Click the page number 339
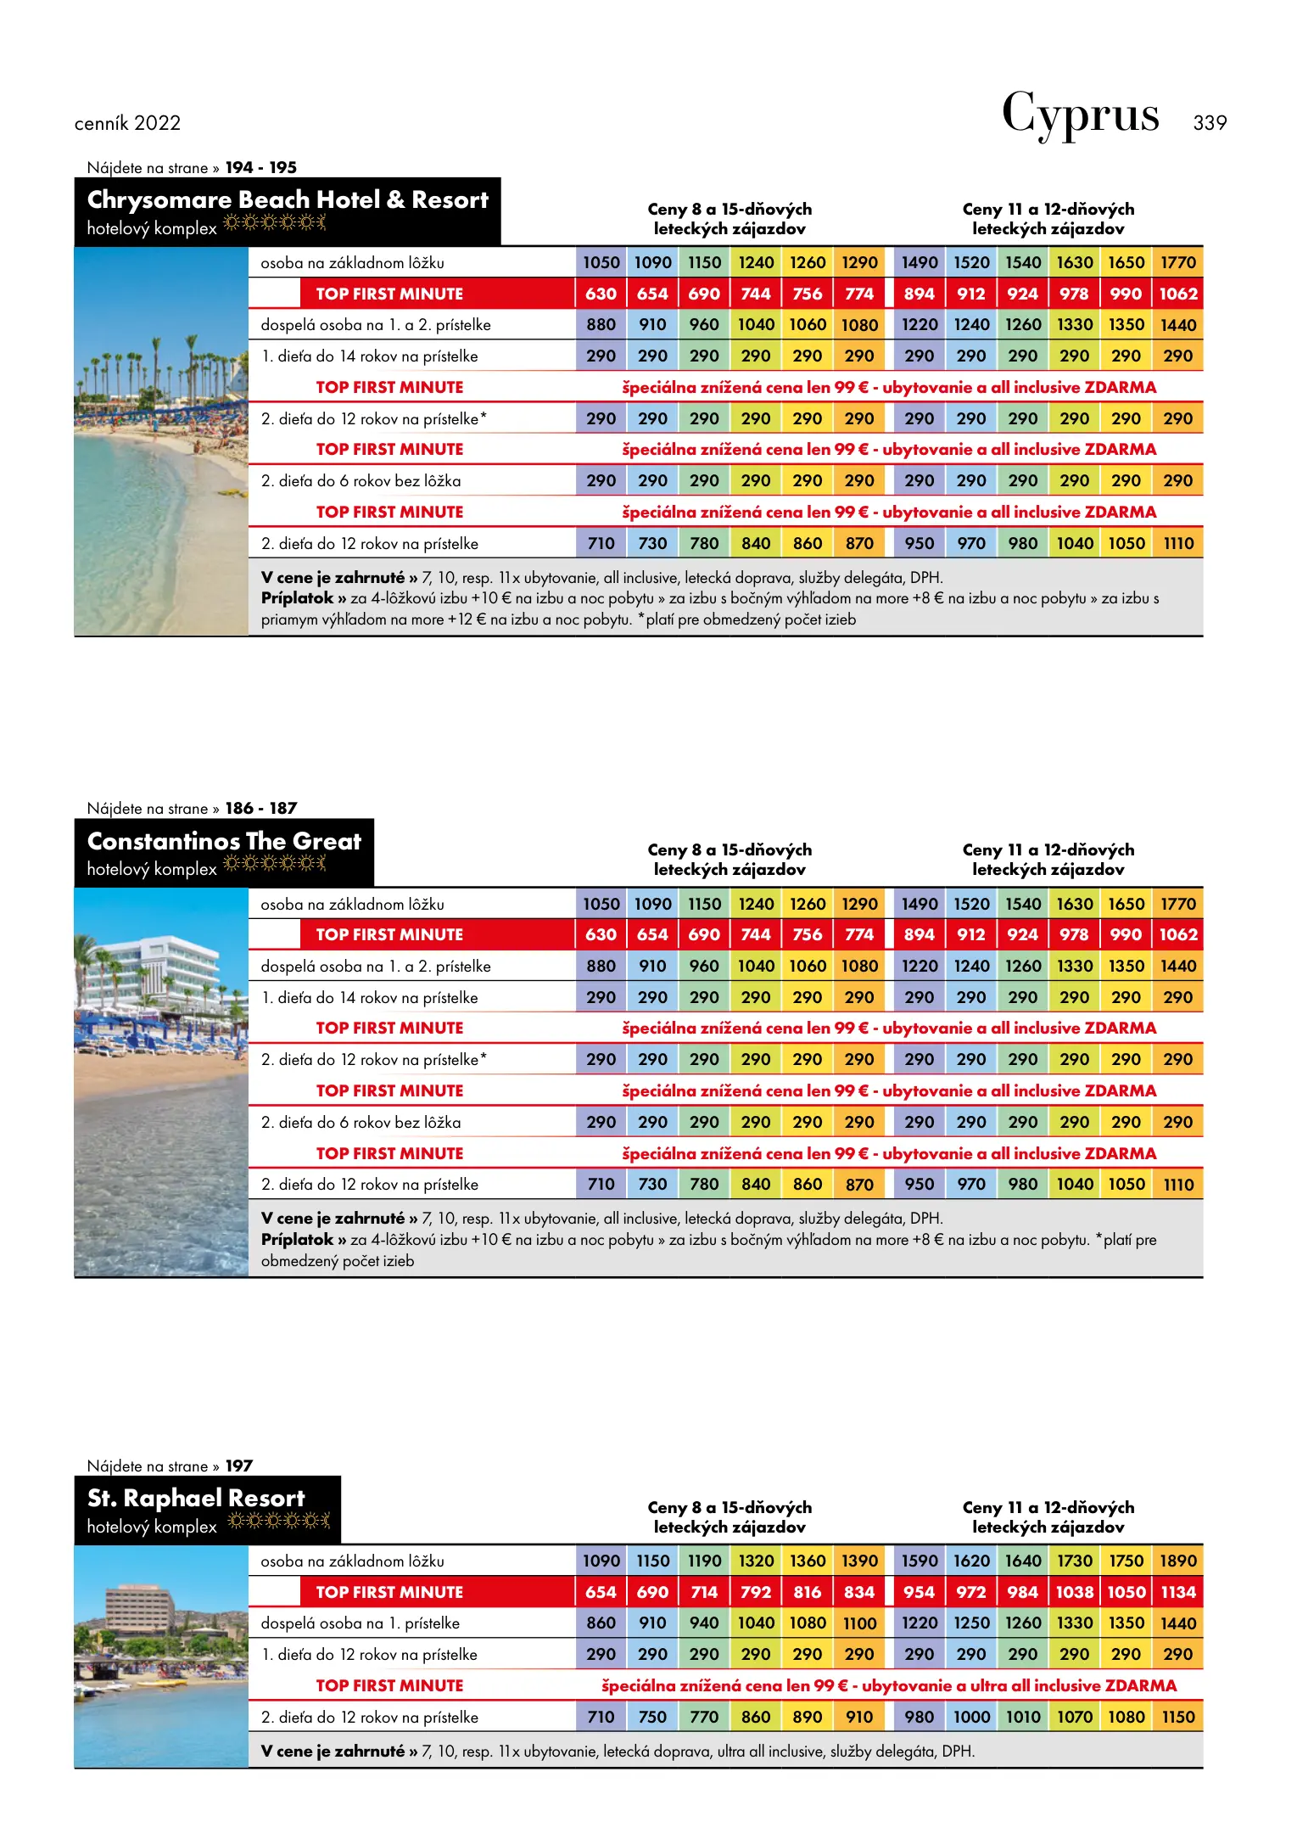coord(1209,123)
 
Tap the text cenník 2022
coord(127,123)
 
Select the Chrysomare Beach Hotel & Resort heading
coord(288,200)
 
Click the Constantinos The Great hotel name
coord(224,841)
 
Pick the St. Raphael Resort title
coord(196,1498)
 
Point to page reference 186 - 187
coord(261,808)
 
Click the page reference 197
coord(239,1466)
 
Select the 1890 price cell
coord(1177,1561)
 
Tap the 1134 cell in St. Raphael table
coord(1177,1592)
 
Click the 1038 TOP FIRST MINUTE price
coord(1074,1592)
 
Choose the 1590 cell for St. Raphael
coord(920,1561)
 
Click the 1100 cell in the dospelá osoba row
coord(859,1623)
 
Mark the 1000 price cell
coord(971,1717)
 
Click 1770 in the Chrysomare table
coord(1177,263)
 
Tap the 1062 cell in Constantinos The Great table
coord(1177,934)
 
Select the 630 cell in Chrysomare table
coord(601,294)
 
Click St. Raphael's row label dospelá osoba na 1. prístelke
coord(360,1623)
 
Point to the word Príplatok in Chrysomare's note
coord(297,598)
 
